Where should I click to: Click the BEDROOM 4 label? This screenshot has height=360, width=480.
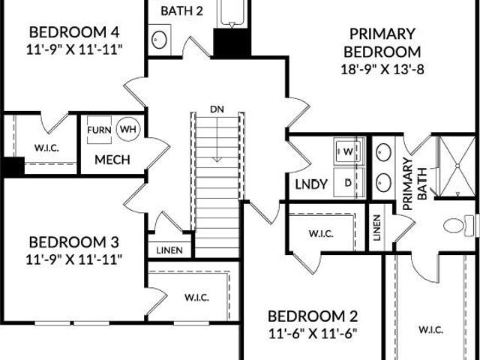coord(74,32)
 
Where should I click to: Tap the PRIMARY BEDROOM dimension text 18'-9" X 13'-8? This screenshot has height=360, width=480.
coord(382,70)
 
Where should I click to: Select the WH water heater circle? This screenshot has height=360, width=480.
coord(128,129)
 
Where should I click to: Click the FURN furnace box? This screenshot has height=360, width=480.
coord(99,130)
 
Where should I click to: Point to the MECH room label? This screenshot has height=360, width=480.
coord(112,160)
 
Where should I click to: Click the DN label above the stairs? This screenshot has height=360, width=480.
coord(217,109)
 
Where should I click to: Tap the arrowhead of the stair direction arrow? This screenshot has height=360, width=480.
coord(217,159)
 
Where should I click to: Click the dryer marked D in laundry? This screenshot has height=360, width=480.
coord(349,183)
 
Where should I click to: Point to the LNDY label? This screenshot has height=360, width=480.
coord(311,184)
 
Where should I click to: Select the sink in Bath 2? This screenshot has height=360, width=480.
coord(160,40)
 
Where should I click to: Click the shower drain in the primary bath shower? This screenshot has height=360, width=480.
coord(458,166)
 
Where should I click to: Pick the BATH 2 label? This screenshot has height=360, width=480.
coord(181,11)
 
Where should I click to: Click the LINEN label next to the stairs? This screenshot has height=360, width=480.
coord(169,250)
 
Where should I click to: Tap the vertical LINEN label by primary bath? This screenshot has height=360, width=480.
coord(377,227)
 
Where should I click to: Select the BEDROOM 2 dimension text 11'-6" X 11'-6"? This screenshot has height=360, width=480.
coord(313,334)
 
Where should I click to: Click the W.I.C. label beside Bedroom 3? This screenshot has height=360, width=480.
coord(196,297)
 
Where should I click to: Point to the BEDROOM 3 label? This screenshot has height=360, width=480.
coord(73,242)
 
